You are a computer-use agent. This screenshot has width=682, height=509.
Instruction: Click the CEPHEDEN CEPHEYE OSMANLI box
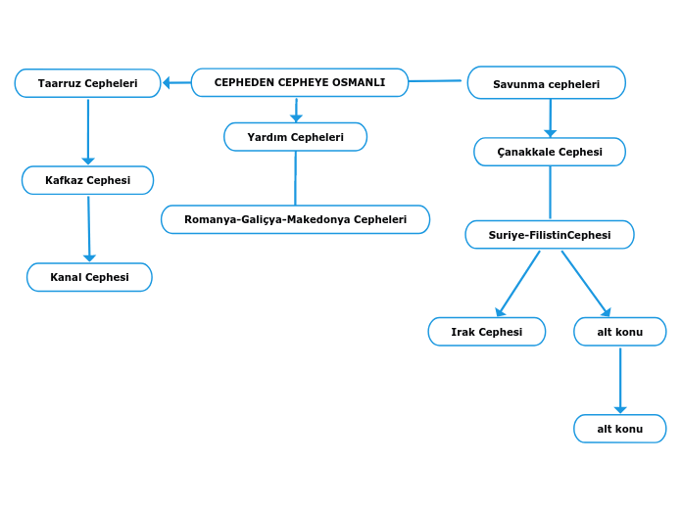tap(300, 83)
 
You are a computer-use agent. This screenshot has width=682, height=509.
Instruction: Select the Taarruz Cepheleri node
tap(87, 84)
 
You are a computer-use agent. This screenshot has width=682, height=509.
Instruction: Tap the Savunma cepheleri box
tap(546, 84)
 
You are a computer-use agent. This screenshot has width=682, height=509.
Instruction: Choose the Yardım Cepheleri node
tap(295, 137)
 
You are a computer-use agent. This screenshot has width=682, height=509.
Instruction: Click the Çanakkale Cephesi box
tap(549, 152)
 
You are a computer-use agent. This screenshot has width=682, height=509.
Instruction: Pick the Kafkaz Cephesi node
tap(87, 180)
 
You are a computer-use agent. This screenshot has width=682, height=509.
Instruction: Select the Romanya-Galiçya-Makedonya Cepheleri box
tap(295, 219)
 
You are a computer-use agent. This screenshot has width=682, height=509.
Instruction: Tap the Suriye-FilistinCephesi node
tap(549, 235)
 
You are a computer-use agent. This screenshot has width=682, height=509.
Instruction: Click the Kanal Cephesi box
tap(89, 277)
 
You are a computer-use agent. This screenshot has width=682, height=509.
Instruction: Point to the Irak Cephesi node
tap(486, 332)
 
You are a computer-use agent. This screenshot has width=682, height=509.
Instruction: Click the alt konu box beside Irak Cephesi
tap(619, 332)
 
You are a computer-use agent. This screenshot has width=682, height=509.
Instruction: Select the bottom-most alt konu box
tap(619, 429)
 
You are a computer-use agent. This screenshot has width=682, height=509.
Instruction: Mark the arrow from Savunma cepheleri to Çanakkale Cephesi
tap(550, 117)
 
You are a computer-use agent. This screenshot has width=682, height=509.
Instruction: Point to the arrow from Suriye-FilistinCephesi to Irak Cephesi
tap(519, 283)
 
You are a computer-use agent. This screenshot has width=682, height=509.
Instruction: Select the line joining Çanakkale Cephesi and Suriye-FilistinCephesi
tap(550, 193)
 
